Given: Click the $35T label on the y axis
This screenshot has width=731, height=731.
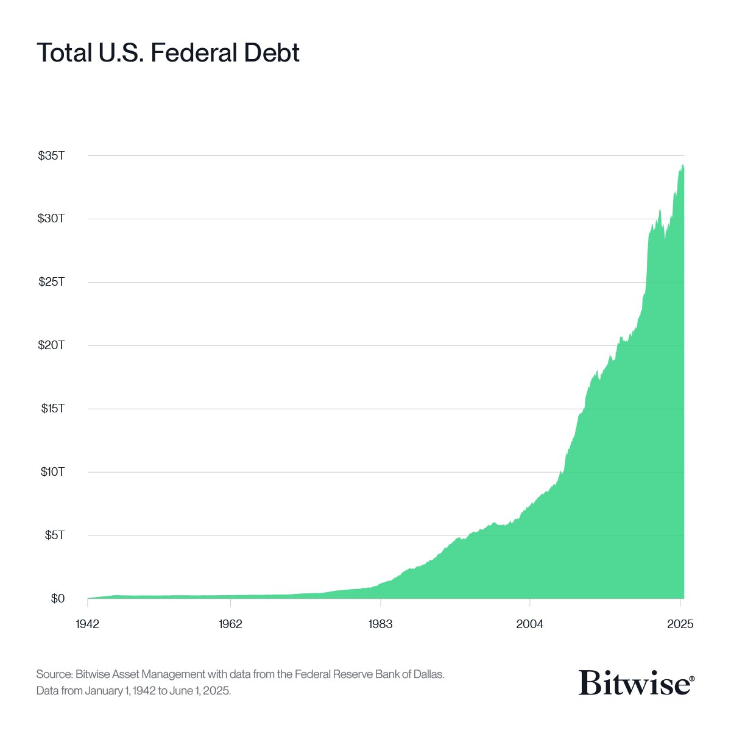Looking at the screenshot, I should coord(51,155).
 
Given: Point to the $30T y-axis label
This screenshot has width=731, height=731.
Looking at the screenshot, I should coord(51,219).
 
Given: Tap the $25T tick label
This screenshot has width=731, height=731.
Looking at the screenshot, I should coord(51,282).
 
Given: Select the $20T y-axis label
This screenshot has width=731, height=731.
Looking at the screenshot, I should coord(51,345).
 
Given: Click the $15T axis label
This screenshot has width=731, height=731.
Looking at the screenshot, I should coord(52,409).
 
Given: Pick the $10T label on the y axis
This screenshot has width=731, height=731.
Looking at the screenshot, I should coord(52,472).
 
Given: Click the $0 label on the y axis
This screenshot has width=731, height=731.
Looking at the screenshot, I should coord(57,599).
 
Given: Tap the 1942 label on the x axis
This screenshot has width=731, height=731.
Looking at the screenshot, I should coord(88,624).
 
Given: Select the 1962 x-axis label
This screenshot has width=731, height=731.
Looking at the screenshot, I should coord(231,624).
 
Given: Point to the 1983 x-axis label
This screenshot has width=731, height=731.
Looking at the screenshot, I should coord(380,624).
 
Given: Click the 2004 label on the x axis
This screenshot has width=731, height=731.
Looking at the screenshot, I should coord(530,624).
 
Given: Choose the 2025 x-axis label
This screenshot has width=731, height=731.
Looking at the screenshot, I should coord(680,624).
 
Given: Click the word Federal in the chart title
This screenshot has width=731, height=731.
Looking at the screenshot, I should coord(194,53).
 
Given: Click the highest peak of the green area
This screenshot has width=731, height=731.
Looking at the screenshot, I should coord(683,165).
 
